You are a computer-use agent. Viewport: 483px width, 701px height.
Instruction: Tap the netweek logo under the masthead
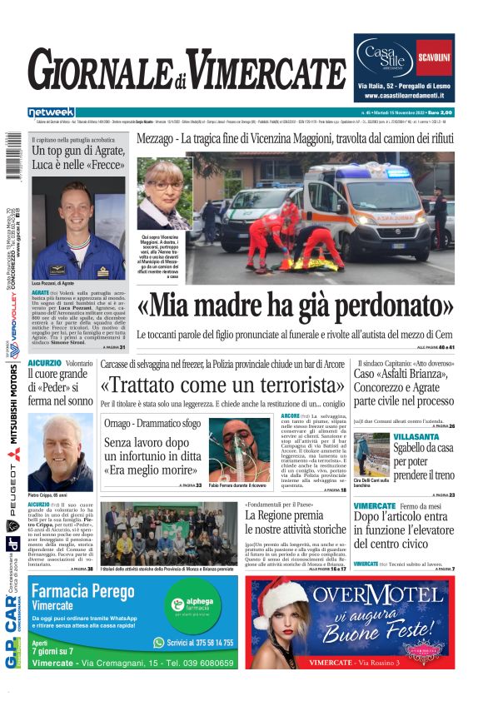point(51,112)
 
